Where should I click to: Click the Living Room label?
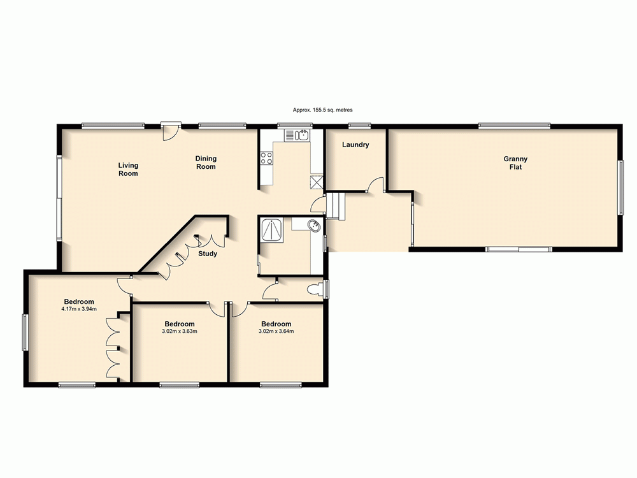click(128, 169)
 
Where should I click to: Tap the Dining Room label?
click(206, 163)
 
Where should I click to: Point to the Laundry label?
click(355, 145)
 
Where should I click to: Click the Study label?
click(208, 254)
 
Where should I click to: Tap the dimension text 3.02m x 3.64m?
click(276, 331)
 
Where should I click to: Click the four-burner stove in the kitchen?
click(266, 158)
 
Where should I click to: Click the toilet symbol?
click(314, 290)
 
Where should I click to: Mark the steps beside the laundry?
click(336, 206)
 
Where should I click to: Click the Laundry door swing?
click(376, 185)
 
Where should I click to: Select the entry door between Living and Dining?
click(169, 130)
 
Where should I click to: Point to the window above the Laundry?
click(359, 126)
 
